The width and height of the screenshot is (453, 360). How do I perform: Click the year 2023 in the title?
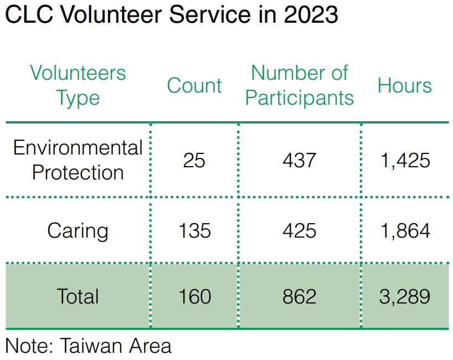point(311,14)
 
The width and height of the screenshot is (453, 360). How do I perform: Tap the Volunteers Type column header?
point(78,85)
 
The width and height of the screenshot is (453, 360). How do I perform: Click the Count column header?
point(194,85)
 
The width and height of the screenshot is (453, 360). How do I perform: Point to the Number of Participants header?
point(300,85)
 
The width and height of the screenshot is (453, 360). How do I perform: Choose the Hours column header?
point(405,85)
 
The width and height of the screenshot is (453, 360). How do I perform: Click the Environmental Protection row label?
point(78,160)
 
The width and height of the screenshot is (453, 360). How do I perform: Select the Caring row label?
point(78,231)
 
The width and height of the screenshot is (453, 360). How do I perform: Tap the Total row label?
point(78,296)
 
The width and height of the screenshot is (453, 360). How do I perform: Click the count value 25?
point(194,160)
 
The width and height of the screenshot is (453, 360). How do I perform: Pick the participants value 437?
point(300,160)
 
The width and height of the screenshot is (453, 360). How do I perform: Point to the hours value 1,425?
point(405,160)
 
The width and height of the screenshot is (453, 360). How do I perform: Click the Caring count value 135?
point(195,230)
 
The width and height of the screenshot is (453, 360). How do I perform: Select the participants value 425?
point(300,230)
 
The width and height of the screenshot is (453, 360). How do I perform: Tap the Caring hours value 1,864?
point(405,230)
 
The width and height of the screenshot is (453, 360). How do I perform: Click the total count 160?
point(195,296)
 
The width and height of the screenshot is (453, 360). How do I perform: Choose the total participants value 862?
point(300,296)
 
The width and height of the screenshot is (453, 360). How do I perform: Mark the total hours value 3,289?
point(405,296)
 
